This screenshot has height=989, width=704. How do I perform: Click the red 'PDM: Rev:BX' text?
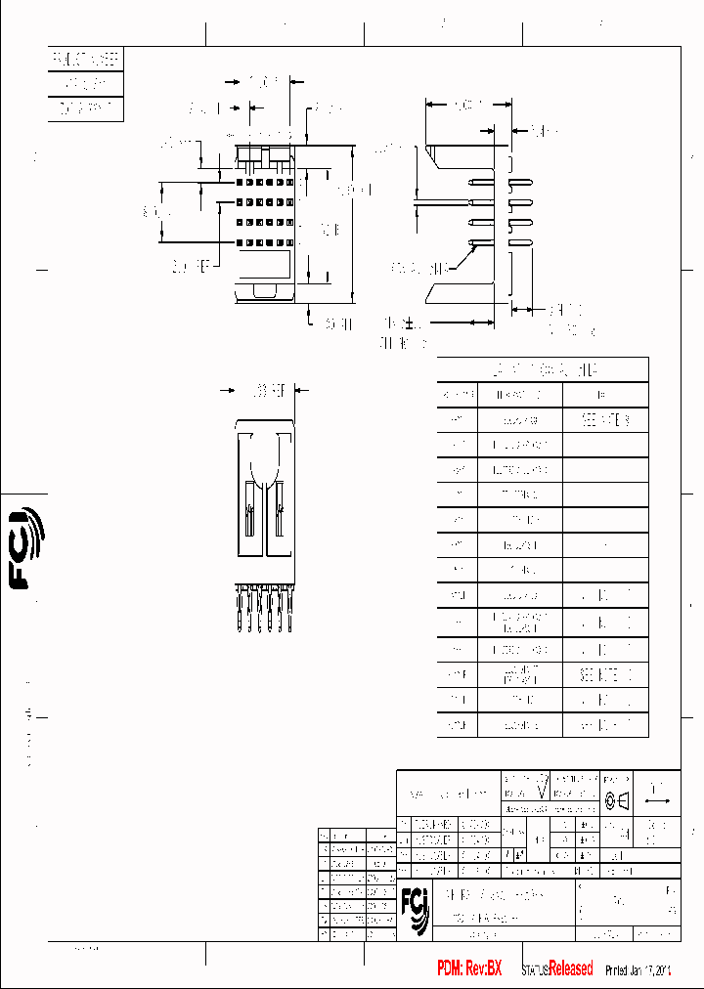click(469, 968)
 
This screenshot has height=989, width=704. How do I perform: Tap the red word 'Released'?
click(570, 968)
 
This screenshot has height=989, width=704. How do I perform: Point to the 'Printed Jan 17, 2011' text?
click(638, 969)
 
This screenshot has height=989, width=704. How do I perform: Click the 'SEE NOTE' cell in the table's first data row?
click(605, 420)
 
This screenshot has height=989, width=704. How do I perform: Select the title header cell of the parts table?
click(543, 369)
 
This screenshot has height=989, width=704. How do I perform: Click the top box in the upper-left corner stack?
click(86, 60)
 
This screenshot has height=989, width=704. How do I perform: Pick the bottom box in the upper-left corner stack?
click(86, 108)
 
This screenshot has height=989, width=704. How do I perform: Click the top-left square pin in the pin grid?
click(239, 182)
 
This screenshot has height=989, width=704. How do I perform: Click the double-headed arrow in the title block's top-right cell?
click(657, 800)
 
